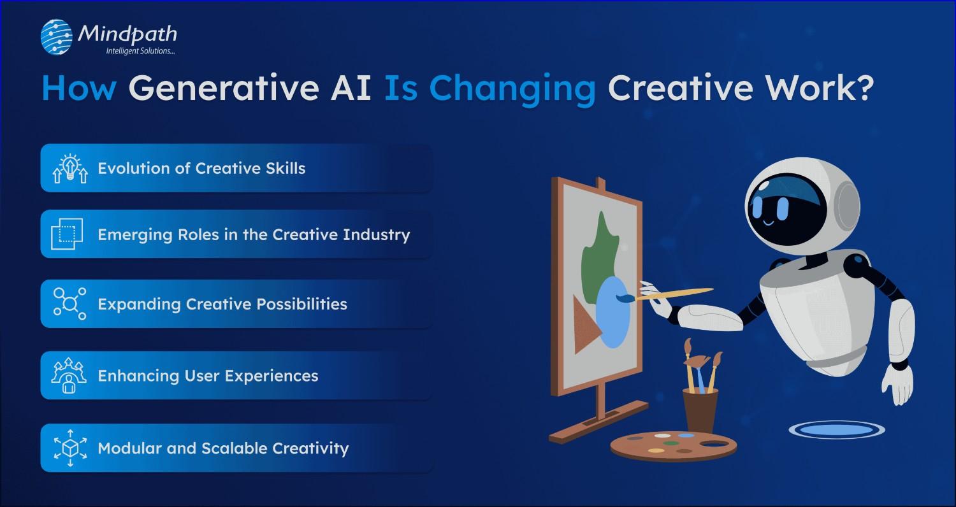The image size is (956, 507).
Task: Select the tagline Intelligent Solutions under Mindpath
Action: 140,51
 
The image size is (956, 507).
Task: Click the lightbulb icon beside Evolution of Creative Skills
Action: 69,168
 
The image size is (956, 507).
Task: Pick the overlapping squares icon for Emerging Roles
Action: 67,234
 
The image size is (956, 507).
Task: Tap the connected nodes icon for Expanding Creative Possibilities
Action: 69,303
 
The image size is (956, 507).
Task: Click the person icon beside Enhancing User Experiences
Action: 69,376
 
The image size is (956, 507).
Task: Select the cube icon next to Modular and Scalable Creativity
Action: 69,448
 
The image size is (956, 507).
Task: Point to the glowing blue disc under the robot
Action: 836,430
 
